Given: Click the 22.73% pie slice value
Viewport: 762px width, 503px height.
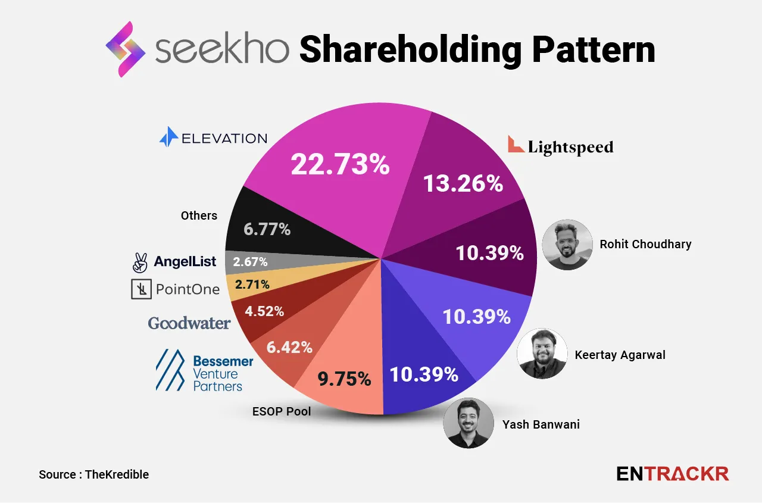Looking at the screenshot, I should [x=340, y=164].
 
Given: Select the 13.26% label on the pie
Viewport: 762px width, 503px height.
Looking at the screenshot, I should [x=463, y=183].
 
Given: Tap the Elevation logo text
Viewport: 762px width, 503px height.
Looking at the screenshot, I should [x=213, y=138].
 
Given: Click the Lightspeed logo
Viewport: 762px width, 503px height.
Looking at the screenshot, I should [x=560, y=146].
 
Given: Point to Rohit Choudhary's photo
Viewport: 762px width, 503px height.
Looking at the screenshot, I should [x=567, y=245].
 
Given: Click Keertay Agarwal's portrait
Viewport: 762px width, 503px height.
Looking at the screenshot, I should [x=542, y=354].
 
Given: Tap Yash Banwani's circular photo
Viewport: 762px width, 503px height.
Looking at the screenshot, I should [x=469, y=423].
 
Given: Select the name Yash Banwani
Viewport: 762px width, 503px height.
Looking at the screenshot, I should [x=541, y=424].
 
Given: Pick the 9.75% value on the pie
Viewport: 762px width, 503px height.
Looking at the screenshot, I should [x=344, y=379].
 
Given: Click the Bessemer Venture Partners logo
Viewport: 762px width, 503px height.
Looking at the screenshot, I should [x=204, y=370].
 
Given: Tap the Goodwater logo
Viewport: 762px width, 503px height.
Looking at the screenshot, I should [x=189, y=323].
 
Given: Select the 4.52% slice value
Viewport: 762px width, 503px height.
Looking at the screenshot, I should [x=266, y=311].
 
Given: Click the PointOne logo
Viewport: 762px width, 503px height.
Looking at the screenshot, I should [x=176, y=290].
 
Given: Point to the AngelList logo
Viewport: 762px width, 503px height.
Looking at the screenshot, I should [x=174, y=261].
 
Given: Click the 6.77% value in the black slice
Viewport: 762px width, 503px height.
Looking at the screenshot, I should [x=267, y=229].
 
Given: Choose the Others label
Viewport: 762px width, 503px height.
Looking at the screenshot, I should [x=199, y=215].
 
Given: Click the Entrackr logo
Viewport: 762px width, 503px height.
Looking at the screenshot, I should [x=672, y=474].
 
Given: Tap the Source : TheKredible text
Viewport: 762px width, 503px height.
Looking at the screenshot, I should [x=93, y=474].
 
